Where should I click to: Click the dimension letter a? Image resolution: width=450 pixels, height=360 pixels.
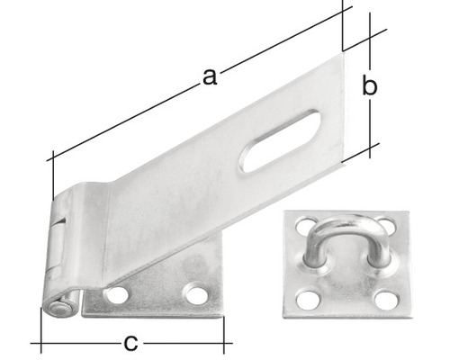pyautogui.click(x=209, y=77)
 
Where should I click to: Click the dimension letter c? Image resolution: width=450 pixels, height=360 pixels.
pyautogui.click(x=131, y=342)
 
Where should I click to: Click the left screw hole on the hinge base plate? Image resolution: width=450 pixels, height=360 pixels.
pyautogui.click(x=115, y=294)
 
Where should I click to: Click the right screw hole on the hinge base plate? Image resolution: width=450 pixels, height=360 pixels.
pyautogui.click(x=194, y=292)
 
